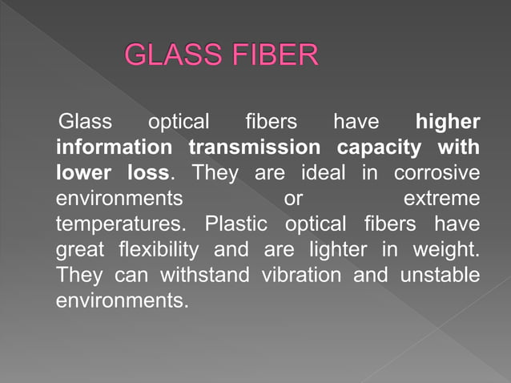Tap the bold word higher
448,123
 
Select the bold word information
114,147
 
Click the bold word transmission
255,147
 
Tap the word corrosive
437,172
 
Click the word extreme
442,198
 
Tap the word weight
447,249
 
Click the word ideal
330,172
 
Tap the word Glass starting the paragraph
86,123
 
